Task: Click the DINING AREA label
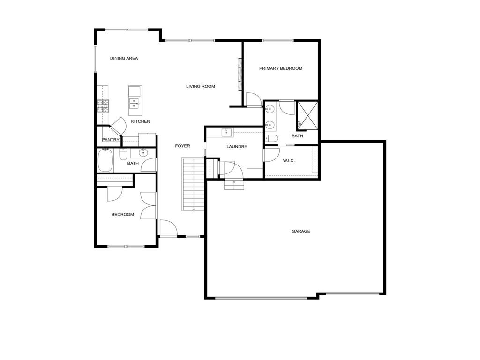tap(124, 58)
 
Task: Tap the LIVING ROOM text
tap(200, 86)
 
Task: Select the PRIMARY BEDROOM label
tap(281, 68)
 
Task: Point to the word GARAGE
tap(301, 231)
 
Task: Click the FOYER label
tap(182, 146)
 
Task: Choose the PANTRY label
tap(111, 140)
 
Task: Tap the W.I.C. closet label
tap(289, 161)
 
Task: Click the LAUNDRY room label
tap(237, 147)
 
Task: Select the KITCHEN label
tap(140, 121)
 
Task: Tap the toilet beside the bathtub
tap(123, 154)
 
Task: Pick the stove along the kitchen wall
tap(103, 106)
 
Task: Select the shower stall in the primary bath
tap(307, 115)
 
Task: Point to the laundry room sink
tap(227, 132)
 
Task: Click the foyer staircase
tap(193, 185)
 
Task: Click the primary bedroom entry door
tap(253, 99)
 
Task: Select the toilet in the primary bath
tap(272, 138)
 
